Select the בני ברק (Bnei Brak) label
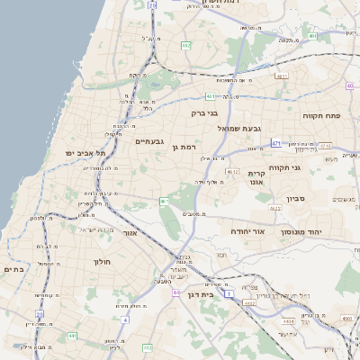[x=204, y=113]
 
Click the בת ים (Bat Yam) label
[x=13, y=268]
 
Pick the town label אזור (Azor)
[x=129, y=233]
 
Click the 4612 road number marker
[x=233, y=172]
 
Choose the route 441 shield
[x=72, y=337]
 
